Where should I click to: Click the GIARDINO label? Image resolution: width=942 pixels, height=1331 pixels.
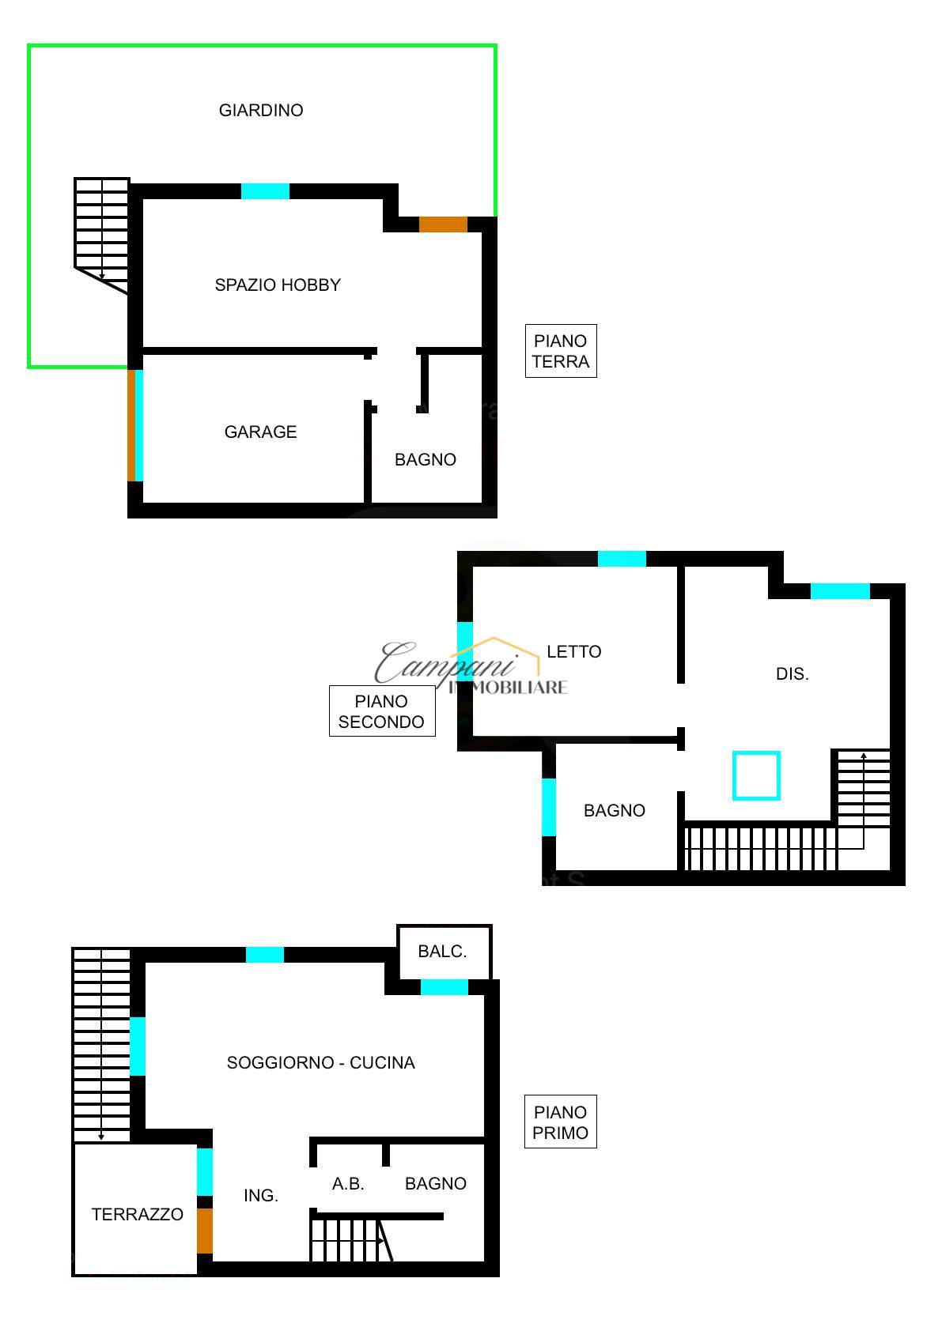261,110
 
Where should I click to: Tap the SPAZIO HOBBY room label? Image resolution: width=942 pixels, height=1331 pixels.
278,285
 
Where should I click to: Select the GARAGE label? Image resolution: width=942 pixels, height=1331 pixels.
260,432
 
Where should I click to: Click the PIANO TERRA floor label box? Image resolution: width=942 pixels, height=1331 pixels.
561,351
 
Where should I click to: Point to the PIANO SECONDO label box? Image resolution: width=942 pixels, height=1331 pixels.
382,711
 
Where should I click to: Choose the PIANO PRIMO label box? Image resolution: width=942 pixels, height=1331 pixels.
560,1122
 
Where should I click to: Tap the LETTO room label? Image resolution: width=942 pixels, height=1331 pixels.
574,651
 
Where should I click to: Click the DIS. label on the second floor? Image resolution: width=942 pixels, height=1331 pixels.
793,674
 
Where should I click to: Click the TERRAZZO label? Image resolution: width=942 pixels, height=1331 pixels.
138,1214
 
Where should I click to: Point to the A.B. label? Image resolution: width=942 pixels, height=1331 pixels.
348,1184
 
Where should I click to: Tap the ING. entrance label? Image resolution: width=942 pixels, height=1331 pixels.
261,1195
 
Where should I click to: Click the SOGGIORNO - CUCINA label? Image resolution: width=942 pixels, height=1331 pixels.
321,1062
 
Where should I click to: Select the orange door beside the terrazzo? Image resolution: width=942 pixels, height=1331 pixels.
205,1231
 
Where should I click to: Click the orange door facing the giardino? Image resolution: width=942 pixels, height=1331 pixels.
443,224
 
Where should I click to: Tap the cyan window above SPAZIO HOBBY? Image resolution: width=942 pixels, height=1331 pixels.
265,191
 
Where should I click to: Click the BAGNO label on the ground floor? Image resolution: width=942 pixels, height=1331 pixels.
426,459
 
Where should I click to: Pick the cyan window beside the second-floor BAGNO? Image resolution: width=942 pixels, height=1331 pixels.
549,807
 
